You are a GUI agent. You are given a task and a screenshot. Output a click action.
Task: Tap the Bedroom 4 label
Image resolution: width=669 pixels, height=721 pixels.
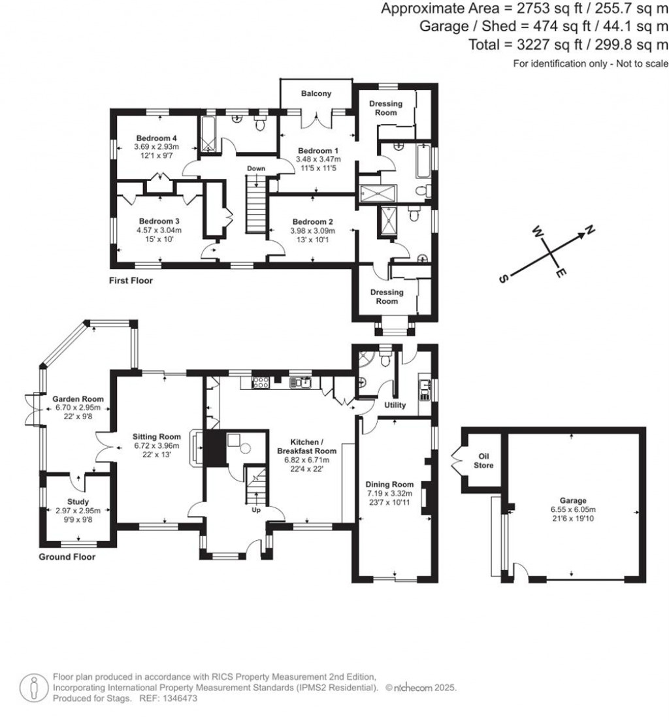(x=157, y=138)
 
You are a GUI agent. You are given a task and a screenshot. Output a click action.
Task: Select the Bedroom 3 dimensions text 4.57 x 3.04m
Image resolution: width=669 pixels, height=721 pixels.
(x=159, y=231)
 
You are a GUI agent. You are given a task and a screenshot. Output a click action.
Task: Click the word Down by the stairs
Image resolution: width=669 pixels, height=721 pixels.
(x=255, y=168)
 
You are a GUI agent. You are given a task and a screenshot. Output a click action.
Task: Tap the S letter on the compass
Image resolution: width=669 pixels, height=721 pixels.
(x=504, y=279)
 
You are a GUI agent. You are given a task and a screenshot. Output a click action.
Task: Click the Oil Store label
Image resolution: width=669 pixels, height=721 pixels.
(x=484, y=461)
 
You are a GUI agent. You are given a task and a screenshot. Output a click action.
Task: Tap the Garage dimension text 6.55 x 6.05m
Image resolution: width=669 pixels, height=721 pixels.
(x=573, y=510)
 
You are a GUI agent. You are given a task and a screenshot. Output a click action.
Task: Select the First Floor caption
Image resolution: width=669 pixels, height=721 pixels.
(x=131, y=280)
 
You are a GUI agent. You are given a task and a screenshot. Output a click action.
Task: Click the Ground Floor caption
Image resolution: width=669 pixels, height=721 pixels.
(x=67, y=557)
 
